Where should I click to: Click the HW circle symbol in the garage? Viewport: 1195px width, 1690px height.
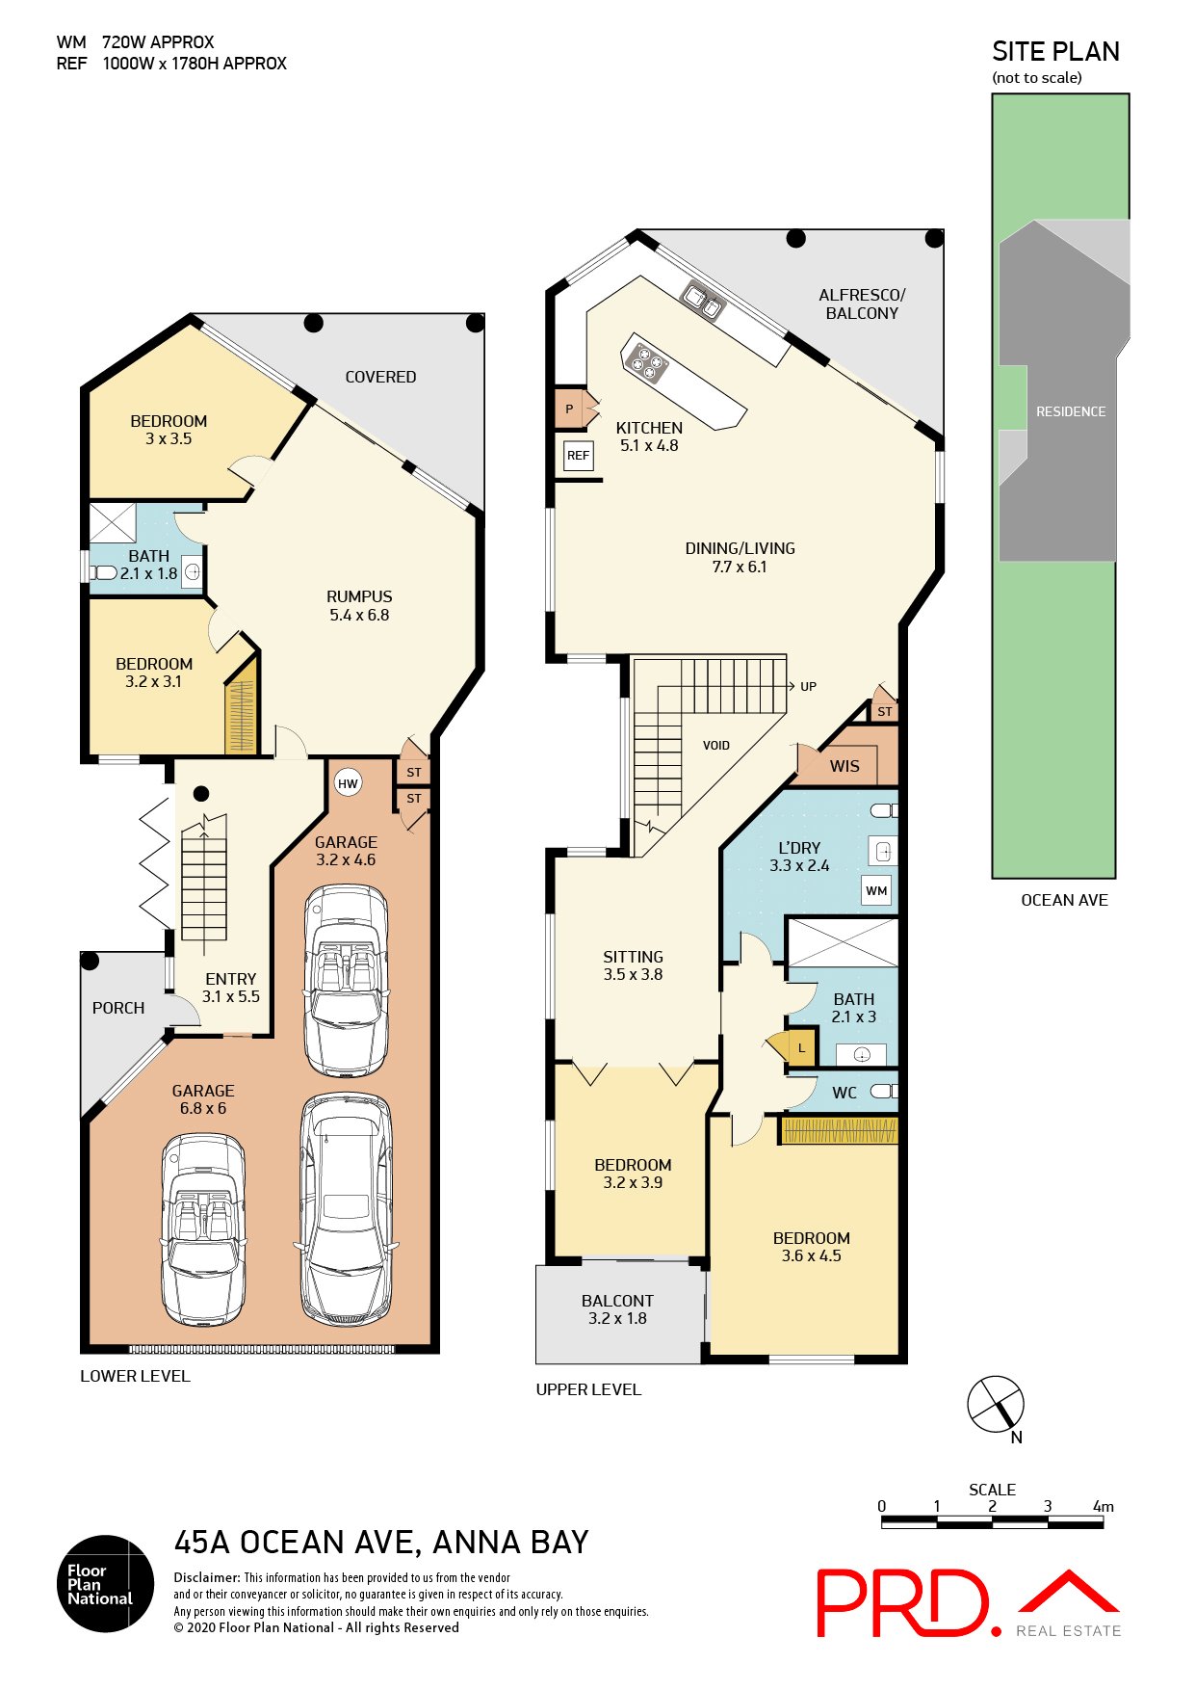coord(348,783)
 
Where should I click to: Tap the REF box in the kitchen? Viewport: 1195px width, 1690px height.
coord(578,456)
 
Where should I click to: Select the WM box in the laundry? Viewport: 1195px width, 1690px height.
coord(876,890)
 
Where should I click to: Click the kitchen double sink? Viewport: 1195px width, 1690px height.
coord(702,301)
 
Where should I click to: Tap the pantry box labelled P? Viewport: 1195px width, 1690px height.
coord(569,409)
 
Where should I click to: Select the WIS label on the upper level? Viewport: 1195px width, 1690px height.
coord(844,766)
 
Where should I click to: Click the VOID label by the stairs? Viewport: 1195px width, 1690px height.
coord(715,745)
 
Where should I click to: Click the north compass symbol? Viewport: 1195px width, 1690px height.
coord(996,1404)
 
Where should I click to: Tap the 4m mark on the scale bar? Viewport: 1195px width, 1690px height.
coord(1103,1506)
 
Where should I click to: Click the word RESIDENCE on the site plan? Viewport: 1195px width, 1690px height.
coord(1070,411)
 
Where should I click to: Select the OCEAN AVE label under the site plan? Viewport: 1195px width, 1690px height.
coord(1064,900)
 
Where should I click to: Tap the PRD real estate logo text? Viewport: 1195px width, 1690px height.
coord(902,1603)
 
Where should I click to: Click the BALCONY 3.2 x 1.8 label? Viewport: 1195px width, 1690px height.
coord(617,1309)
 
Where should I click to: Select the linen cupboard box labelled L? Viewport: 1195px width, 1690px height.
coord(800,1047)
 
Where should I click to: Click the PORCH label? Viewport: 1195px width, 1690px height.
coord(118,1008)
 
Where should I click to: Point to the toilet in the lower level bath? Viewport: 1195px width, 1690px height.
coord(103,573)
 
